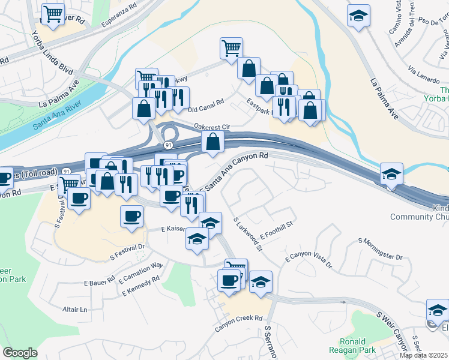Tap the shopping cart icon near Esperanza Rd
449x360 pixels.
tap(53, 14)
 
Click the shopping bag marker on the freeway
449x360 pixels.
tap(213, 142)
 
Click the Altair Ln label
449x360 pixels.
tap(75, 310)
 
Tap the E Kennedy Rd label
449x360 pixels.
tap(140, 286)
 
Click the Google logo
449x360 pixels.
tap(20, 352)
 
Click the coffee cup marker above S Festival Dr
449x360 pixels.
tap(132, 217)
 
